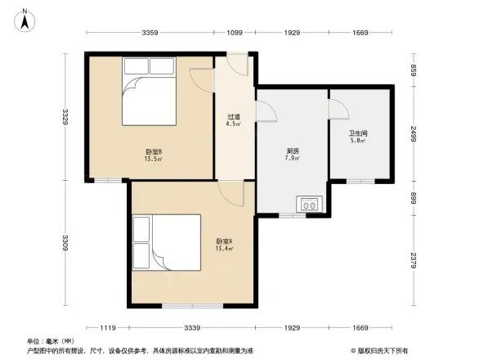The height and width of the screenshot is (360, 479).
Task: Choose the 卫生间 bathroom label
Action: pyautogui.click(x=358, y=137)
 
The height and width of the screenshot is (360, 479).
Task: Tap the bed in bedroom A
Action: pyautogui.click(x=166, y=243)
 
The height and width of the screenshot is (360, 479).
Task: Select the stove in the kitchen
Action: pyautogui.click(x=310, y=205)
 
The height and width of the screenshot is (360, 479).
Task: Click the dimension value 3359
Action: pyautogui.click(x=150, y=33)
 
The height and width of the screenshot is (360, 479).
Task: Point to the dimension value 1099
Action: pyautogui.click(x=235, y=33)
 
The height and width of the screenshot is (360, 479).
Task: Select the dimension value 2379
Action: pyautogui.click(x=414, y=261)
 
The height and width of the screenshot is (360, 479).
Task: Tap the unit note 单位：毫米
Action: pyautogui.click(x=51, y=341)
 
